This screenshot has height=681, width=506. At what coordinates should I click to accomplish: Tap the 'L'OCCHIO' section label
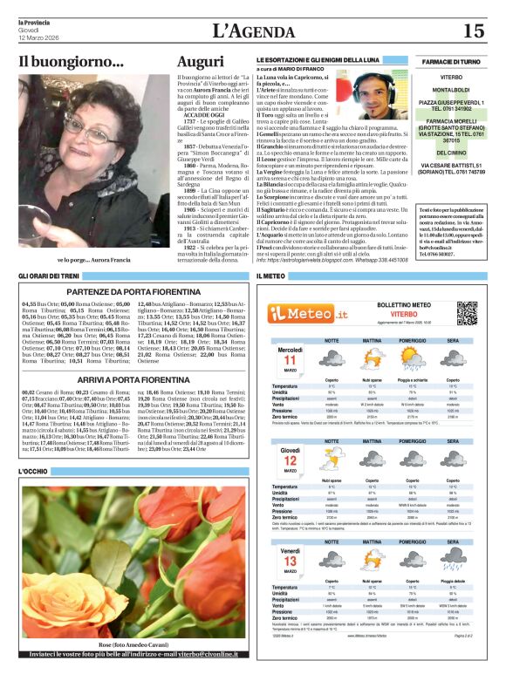pyautogui.click(x=34, y=472)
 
